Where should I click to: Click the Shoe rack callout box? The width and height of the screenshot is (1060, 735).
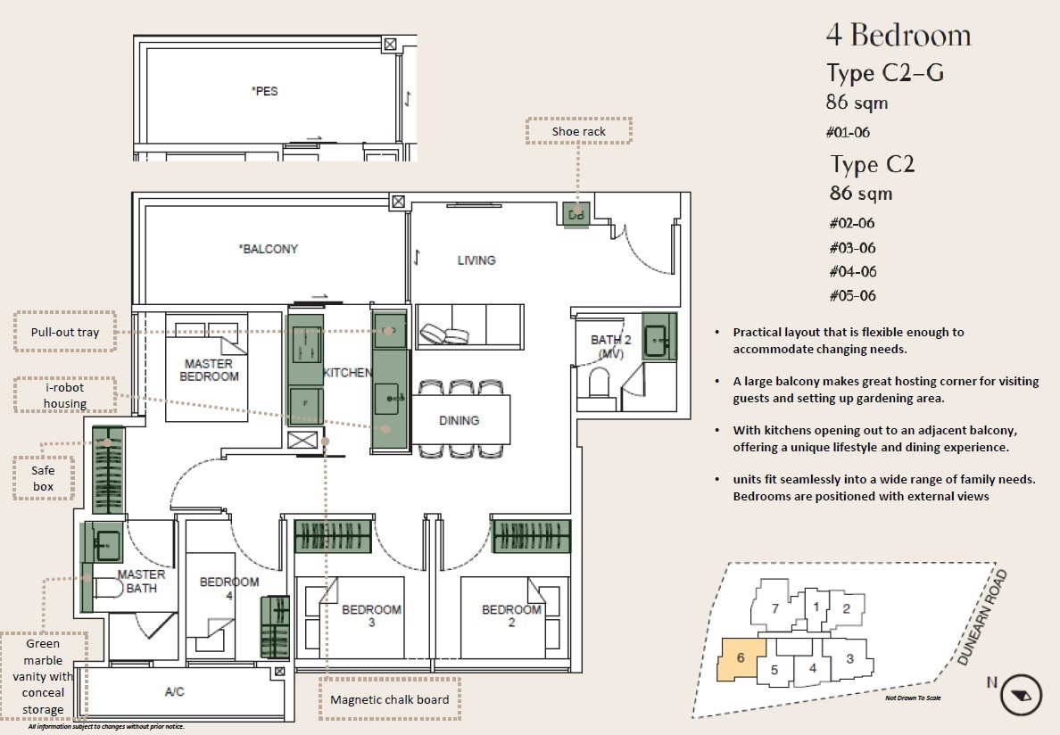click(579, 131)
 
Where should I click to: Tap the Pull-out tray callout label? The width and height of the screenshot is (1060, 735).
click(65, 332)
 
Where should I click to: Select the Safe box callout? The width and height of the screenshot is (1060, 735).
click(43, 478)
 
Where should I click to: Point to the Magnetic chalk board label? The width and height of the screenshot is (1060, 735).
click(389, 699)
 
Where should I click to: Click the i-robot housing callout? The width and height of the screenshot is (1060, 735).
click(65, 395)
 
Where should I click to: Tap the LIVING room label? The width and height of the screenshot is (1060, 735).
click(476, 260)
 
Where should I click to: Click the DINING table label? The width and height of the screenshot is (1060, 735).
click(459, 420)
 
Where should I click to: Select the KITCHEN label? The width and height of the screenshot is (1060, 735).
click(347, 372)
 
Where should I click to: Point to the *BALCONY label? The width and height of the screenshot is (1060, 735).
click(269, 249)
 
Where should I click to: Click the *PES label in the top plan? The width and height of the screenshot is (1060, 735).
click(264, 90)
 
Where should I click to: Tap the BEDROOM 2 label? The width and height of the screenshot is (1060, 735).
click(512, 615)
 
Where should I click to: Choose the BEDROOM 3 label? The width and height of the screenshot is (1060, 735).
click(372, 615)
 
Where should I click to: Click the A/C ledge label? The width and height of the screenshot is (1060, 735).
click(174, 692)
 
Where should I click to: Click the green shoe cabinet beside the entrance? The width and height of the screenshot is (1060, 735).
click(576, 215)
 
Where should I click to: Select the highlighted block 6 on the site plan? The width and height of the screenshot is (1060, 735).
click(741, 658)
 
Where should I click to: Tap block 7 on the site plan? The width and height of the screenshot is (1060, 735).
click(775, 606)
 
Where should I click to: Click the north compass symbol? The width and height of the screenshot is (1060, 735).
click(1020, 695)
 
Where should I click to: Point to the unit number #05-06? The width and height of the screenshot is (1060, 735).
click(852, 295)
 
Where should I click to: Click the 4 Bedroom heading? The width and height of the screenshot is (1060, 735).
click(899, 35)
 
